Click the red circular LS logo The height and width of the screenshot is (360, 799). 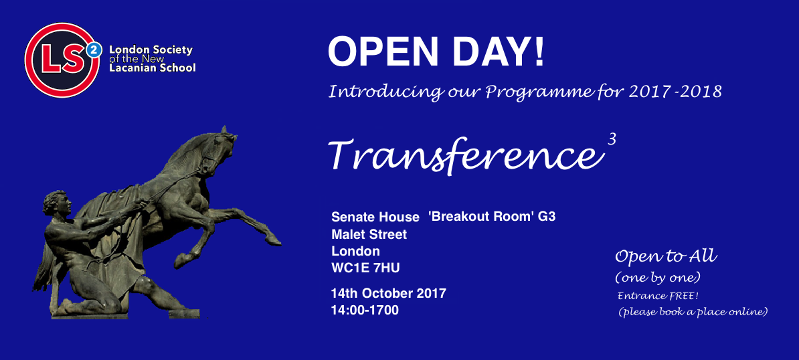62,60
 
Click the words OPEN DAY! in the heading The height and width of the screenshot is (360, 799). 436,52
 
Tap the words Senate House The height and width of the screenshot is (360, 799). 375,217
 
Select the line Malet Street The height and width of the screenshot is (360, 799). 369,234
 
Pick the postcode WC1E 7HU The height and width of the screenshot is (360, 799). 362,268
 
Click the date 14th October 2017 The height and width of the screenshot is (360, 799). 389,294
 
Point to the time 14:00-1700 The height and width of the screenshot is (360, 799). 365,310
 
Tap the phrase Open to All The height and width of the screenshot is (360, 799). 666,256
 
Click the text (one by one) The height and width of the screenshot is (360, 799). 657,278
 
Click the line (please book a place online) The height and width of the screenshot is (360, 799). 693,312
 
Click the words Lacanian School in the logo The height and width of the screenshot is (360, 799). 153,68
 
